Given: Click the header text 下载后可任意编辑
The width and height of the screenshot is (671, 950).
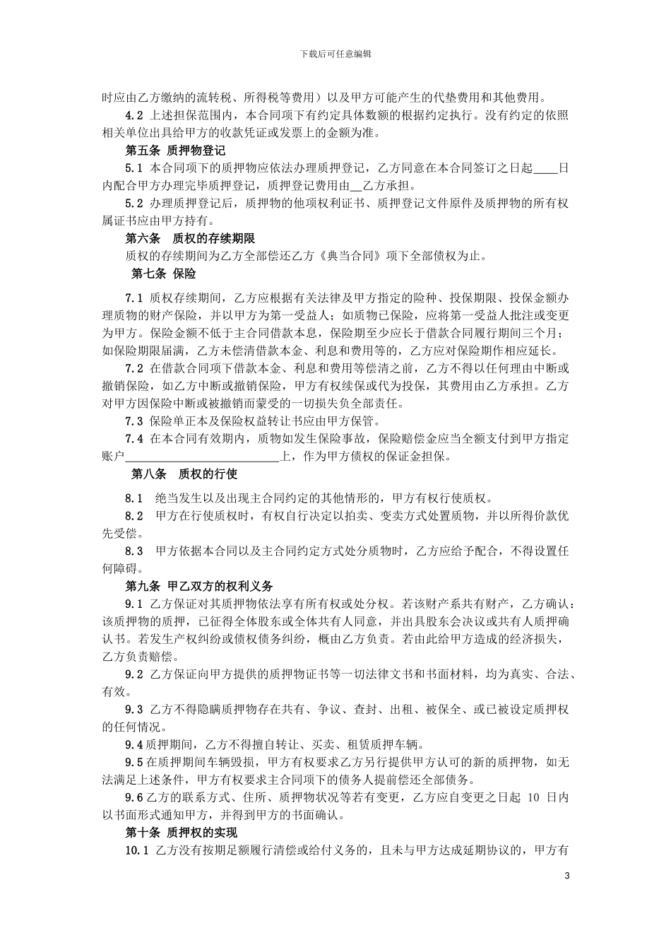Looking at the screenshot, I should [335, 54].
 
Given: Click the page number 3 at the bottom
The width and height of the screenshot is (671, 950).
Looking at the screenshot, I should [566, 876].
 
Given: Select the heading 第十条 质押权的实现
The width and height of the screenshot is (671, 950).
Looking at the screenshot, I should [181, 832].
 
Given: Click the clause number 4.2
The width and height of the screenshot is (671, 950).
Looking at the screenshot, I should [134, 115].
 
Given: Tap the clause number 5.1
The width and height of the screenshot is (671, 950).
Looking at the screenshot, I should [134, 168].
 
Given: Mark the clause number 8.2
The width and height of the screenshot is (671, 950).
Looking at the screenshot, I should [134, 515].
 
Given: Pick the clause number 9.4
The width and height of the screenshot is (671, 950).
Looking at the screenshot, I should [133, 744].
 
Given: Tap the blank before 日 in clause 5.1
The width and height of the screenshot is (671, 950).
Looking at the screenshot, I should [545, 169].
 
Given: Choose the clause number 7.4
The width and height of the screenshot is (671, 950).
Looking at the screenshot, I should [134, 439].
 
